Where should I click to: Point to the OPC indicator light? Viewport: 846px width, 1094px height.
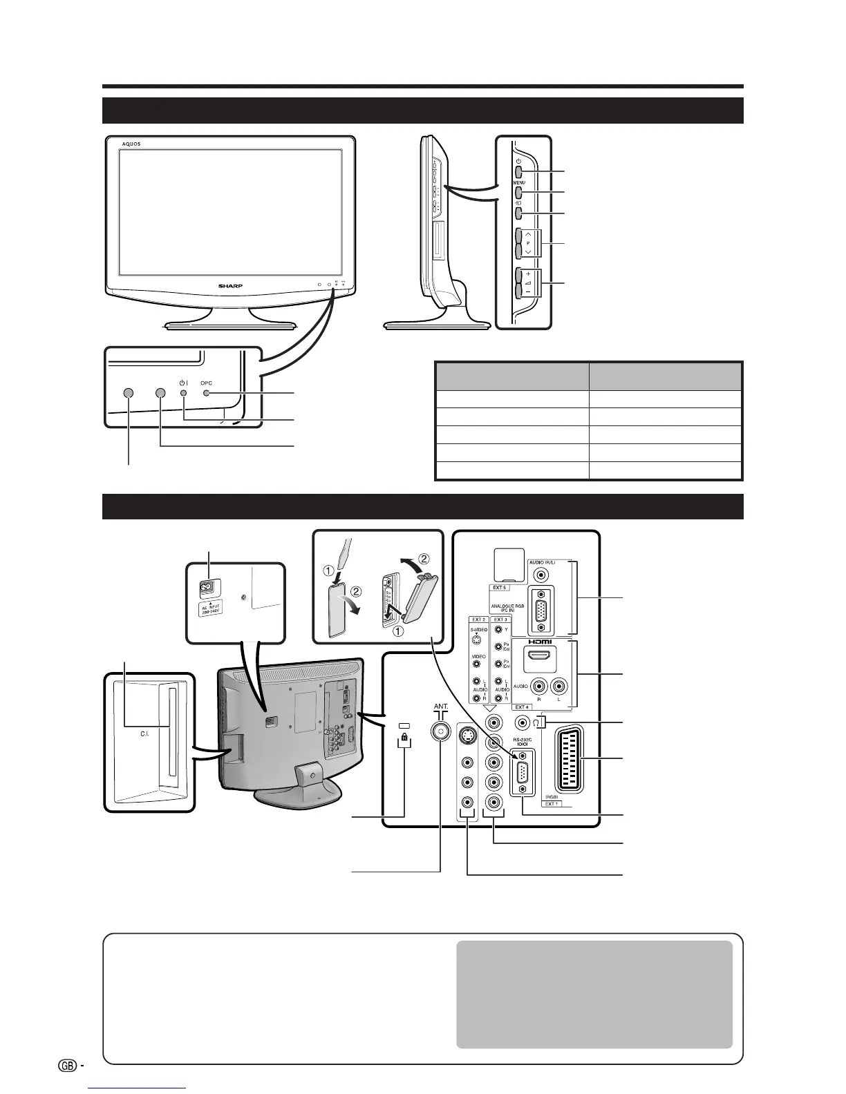point(207,393)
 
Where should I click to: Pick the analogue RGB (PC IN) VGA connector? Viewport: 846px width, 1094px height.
point(540,609)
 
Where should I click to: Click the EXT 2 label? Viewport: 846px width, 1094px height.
point(478,620)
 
